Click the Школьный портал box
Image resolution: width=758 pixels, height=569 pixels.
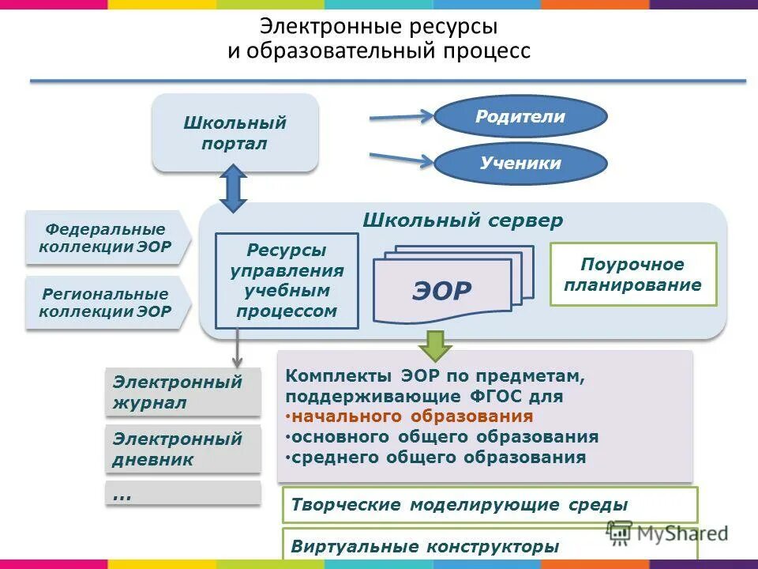click(x=235, y=133)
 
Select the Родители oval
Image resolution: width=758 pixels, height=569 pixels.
click(x=520, y=118)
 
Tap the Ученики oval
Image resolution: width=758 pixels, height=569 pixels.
click(x=520, y=164)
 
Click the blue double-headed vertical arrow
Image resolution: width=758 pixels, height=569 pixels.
click(x=233, y=188)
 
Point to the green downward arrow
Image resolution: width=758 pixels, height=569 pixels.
click(x=434, y=345)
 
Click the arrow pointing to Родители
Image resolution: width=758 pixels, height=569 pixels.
click(x=401, y=119)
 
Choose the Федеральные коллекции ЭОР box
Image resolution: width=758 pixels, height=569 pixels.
click(x=107, y=237)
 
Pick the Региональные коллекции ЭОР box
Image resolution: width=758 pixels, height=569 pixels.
click(x=107, y=303)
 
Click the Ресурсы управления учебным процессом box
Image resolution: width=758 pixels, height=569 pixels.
click(x=287, y=281)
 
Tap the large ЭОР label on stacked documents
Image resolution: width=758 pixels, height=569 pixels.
click(x=441, y=290)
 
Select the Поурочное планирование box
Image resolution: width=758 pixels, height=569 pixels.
click(x=632, y=274)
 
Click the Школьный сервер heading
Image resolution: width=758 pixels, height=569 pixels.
click(x=463, y=220)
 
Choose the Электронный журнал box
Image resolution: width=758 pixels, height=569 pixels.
click(x=182, y=392)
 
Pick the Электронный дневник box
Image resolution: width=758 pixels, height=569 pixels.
click(x=182, y=449)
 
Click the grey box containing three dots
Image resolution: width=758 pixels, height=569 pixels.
click(x=182, y=494)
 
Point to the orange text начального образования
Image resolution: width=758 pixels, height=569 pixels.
click(x=409, y=416)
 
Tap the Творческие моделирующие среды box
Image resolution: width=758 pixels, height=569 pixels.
click(x=490, y=504)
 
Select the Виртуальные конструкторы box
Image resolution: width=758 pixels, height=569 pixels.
click(x=490, y=545)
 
